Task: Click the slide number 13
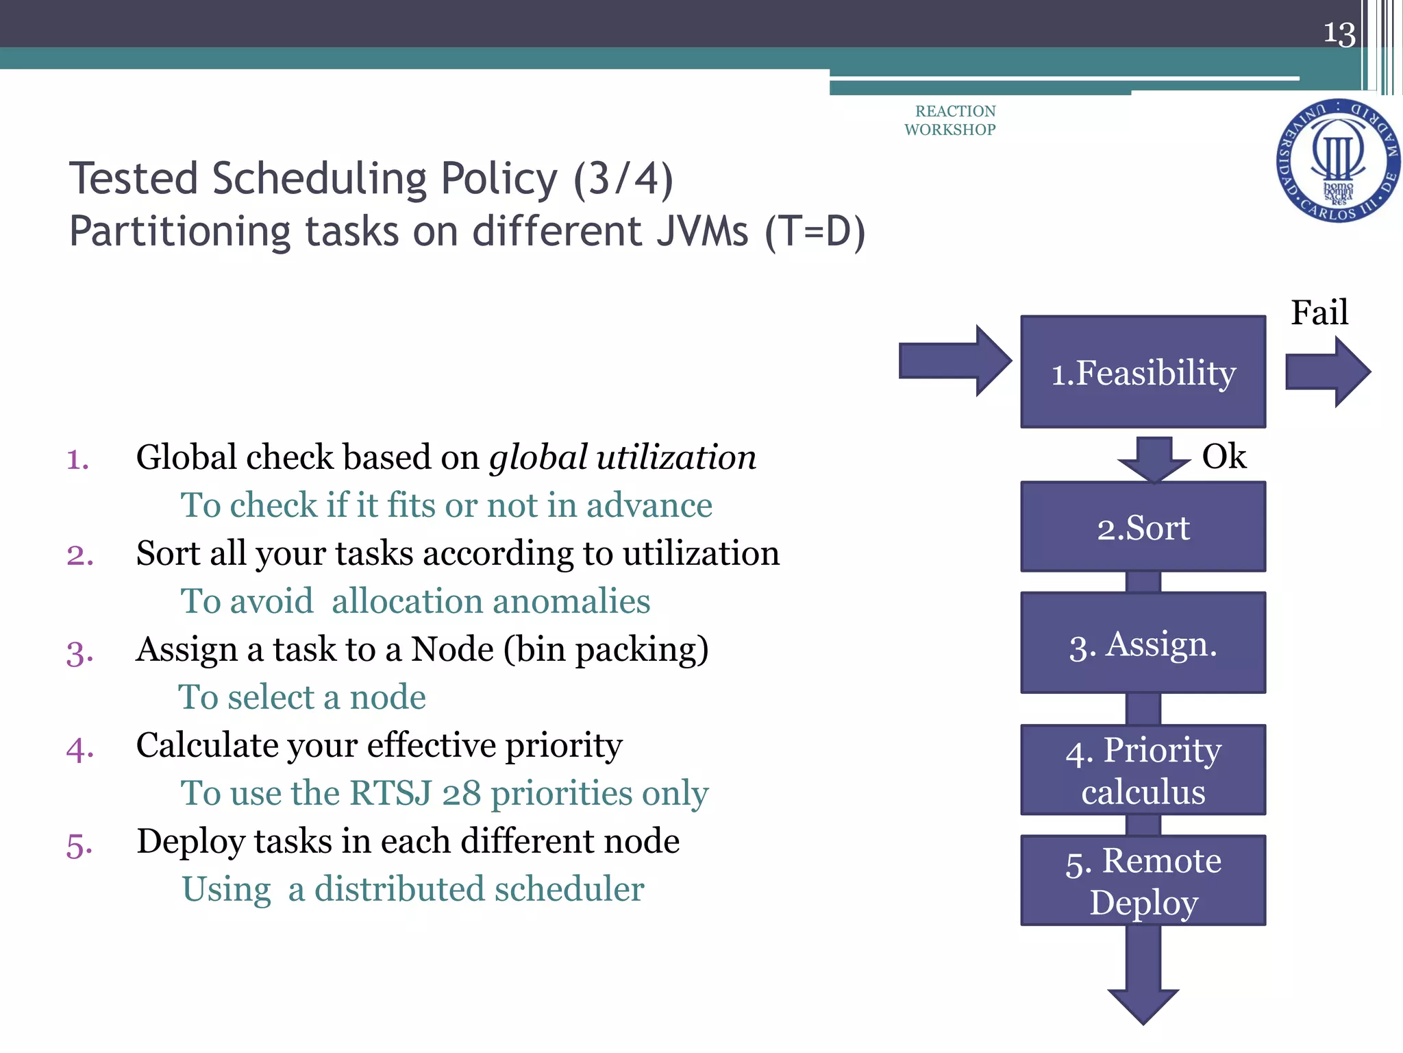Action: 1339,33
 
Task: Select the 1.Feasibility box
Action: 1143,372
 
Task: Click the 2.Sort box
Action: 1143,527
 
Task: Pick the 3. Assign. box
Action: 1143,643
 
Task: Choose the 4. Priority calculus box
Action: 1143,770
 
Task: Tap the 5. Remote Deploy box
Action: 1143,880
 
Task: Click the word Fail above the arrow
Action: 1319,313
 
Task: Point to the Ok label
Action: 1224,456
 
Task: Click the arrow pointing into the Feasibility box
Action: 954,361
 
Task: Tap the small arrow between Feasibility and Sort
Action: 1154,458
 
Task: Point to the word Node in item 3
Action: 452,649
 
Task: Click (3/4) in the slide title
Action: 623,179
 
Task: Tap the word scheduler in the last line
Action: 569,889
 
